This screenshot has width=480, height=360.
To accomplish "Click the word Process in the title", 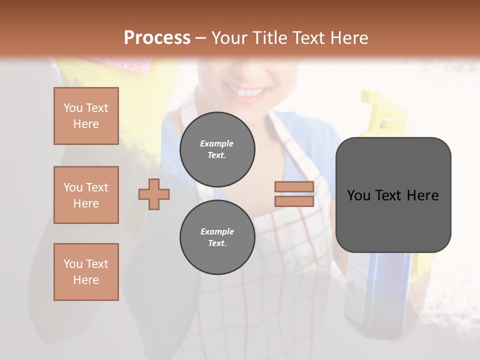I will point(157,37).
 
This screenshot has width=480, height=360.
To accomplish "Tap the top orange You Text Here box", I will point(86,116).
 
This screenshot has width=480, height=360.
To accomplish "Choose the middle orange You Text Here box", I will point(86,195).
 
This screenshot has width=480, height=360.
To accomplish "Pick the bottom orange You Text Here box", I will point(86,272).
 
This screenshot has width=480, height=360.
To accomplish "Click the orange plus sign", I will point(154,194).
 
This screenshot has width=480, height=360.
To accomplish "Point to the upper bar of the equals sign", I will point(294,186).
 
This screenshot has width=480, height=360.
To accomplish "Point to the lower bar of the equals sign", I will point(294,201).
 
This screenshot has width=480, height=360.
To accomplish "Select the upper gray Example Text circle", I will point(217,149).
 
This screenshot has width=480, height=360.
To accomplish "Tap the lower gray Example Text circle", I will point(217,237).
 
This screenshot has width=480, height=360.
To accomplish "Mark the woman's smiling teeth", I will point(248,92).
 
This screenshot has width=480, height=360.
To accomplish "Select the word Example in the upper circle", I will point(217,143).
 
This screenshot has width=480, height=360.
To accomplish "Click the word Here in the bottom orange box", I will point(86,280).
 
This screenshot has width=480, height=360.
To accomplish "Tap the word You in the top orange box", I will point(73,108).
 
